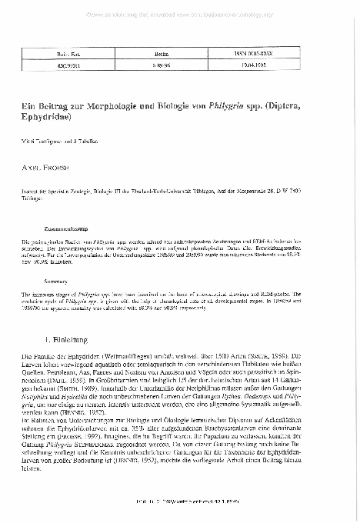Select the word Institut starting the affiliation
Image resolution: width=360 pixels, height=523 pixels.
click(x=32, y=176)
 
